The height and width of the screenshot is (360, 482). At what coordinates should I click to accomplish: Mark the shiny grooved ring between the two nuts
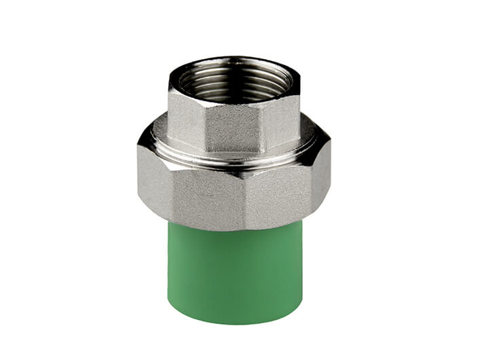234,158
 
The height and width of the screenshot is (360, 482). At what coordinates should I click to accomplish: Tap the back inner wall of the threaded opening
234,68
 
